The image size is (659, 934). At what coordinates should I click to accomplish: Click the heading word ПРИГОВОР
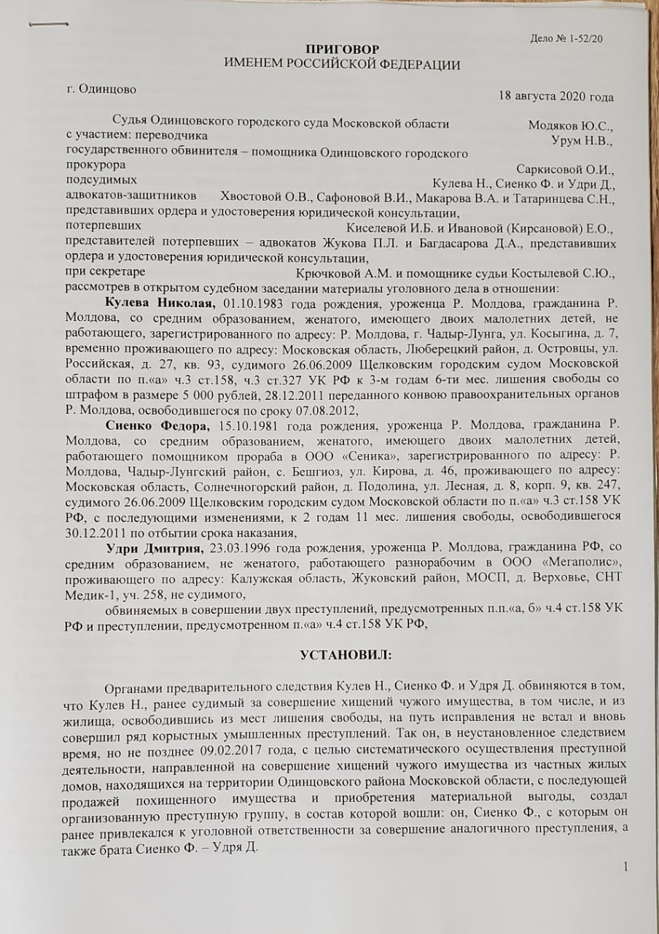pos(343,50)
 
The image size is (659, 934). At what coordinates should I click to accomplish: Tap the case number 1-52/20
pos(585,39)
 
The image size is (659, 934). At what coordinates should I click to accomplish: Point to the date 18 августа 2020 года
pos(555,96)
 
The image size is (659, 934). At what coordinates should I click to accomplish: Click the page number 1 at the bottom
pos(626,866)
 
